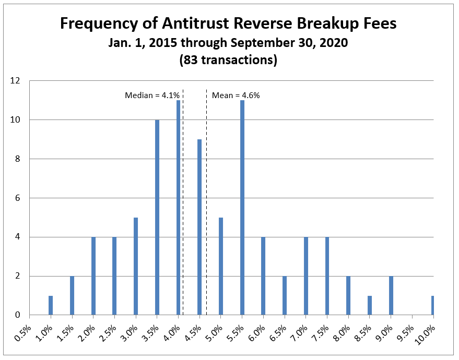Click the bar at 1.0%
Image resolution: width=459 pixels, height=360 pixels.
tap(51, 305)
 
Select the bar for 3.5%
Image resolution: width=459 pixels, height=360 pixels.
tap(157, 218)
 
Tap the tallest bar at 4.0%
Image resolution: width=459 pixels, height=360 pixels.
tap(178, 208)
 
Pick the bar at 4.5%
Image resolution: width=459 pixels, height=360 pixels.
tap(199, 227)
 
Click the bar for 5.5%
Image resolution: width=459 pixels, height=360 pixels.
tap(242, 208)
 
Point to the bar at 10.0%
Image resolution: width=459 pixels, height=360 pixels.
tap(433, 305)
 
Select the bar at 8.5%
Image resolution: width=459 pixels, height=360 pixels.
tap(370, 305)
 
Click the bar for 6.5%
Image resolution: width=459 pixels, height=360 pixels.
tap(285, 295)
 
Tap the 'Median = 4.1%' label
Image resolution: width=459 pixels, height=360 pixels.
tap(152, 95)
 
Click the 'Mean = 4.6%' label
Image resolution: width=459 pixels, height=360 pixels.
tap(236, 95)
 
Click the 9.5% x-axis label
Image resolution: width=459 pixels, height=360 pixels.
tap(404, 333)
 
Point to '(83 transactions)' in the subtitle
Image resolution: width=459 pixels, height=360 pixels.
tap(228, 60)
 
